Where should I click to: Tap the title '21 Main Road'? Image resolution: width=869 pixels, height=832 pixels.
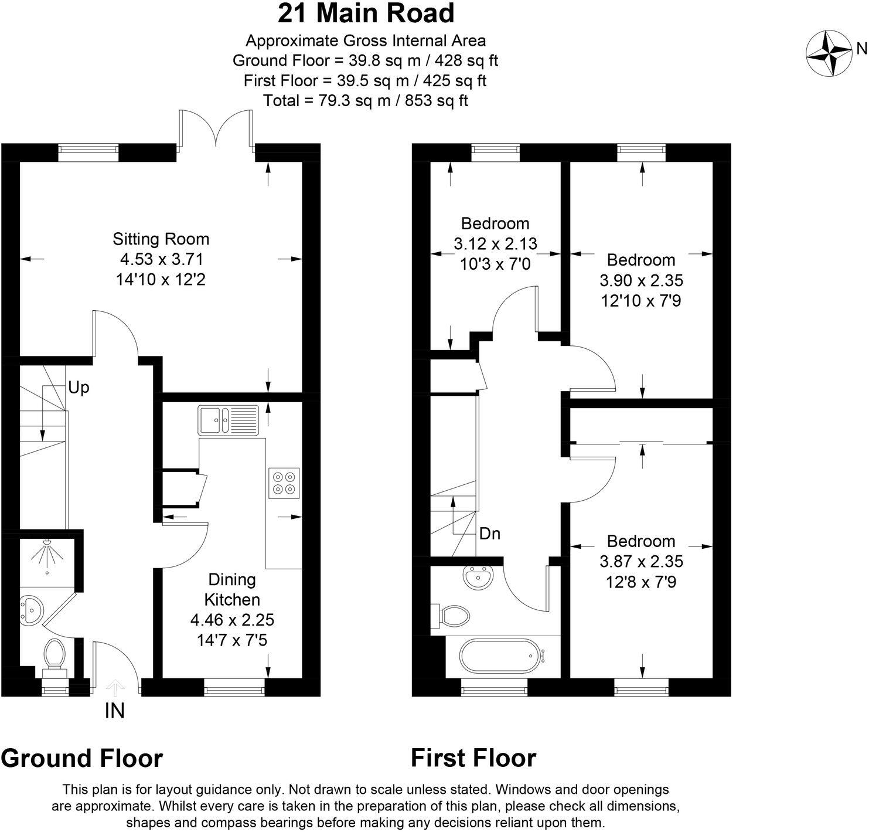[x=366, y=13]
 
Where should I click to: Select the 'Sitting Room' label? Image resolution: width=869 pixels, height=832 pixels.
[x=161, y=239]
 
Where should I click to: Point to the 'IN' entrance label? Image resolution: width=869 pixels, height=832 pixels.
[x=114, y=711]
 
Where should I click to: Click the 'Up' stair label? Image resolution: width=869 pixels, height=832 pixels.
[x=79, y=388]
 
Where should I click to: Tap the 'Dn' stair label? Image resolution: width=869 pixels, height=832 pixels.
[x=489, y=534]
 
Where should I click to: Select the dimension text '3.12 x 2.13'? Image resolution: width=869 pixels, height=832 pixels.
[x=495, y=243]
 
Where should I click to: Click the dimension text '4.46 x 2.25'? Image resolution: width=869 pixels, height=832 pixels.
[x=232, y=620]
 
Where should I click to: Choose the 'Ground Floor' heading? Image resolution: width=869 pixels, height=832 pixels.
[x=82, y=758]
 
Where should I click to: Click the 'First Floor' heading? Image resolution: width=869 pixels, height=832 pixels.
[x=473, y=758]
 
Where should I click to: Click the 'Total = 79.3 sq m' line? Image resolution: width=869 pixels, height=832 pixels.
[x=366, y=101]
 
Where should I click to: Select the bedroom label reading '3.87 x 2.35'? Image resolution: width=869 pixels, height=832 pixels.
[x=641, y=562]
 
